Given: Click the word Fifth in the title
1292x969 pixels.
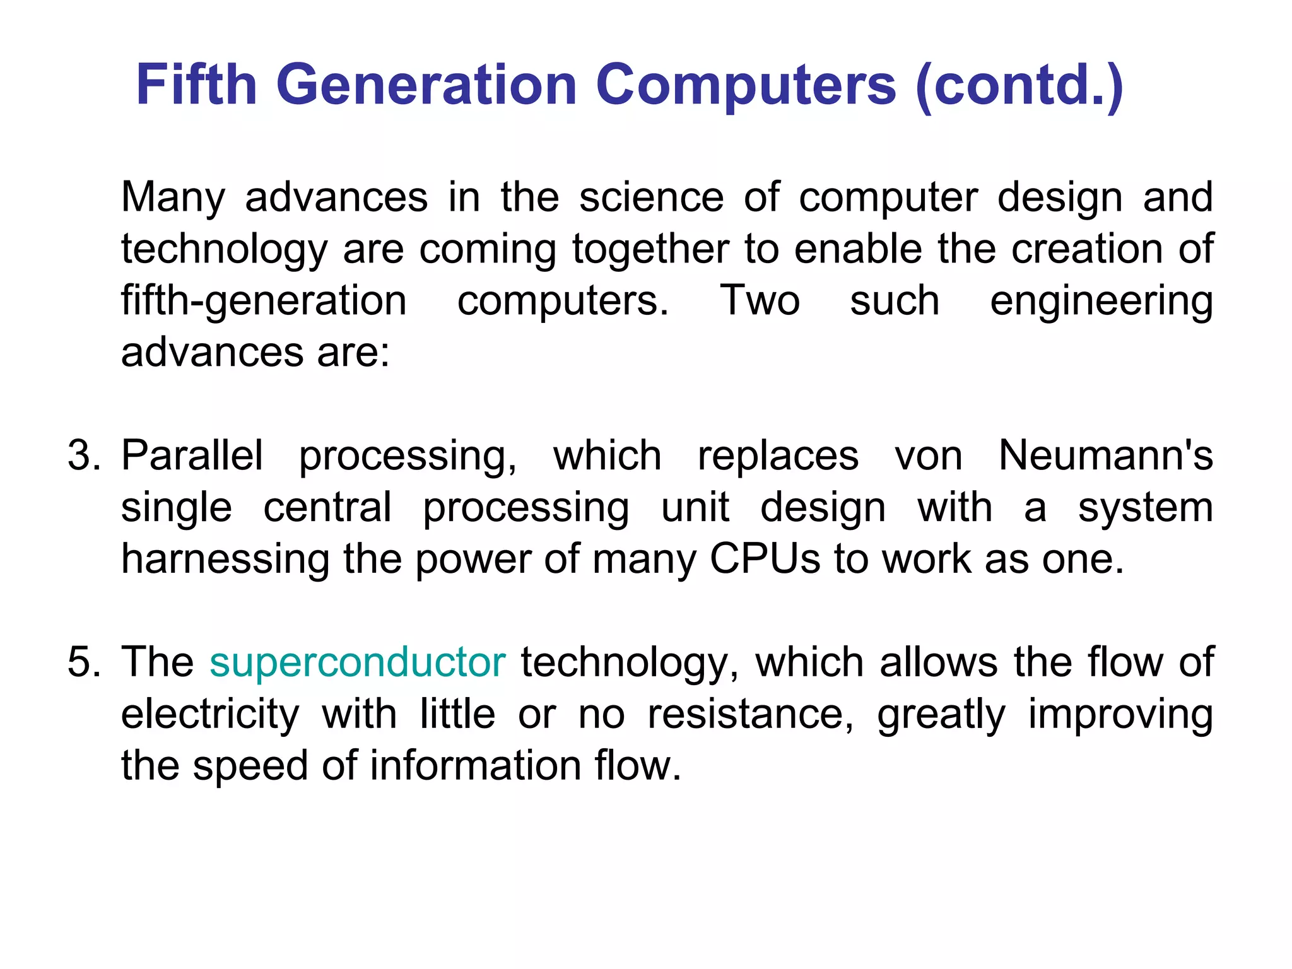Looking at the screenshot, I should click(196, 85).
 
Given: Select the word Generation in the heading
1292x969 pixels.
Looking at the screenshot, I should click(426, 85).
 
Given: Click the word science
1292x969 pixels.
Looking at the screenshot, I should click(651, 197).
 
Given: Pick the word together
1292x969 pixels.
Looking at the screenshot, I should click(650, 250).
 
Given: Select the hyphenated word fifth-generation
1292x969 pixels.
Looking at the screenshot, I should click(264, 302).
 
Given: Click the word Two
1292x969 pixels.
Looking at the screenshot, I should click(760, 300).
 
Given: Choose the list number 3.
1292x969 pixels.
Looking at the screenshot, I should click(84, 455).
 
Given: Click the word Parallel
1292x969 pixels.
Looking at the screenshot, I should click(192, 455).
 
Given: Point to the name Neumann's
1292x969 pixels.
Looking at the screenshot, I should click(1106, 455).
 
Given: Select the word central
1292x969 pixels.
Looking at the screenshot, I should click(327, 507).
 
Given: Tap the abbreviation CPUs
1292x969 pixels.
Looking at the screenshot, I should click(765, 559).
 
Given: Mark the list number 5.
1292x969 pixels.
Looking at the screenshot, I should click(84, 662).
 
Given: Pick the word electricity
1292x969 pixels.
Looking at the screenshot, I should click(210, 715).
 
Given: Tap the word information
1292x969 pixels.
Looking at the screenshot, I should click(476, 766).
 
